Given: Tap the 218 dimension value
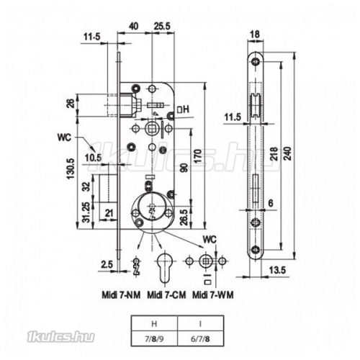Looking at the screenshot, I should tap(275, 154).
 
